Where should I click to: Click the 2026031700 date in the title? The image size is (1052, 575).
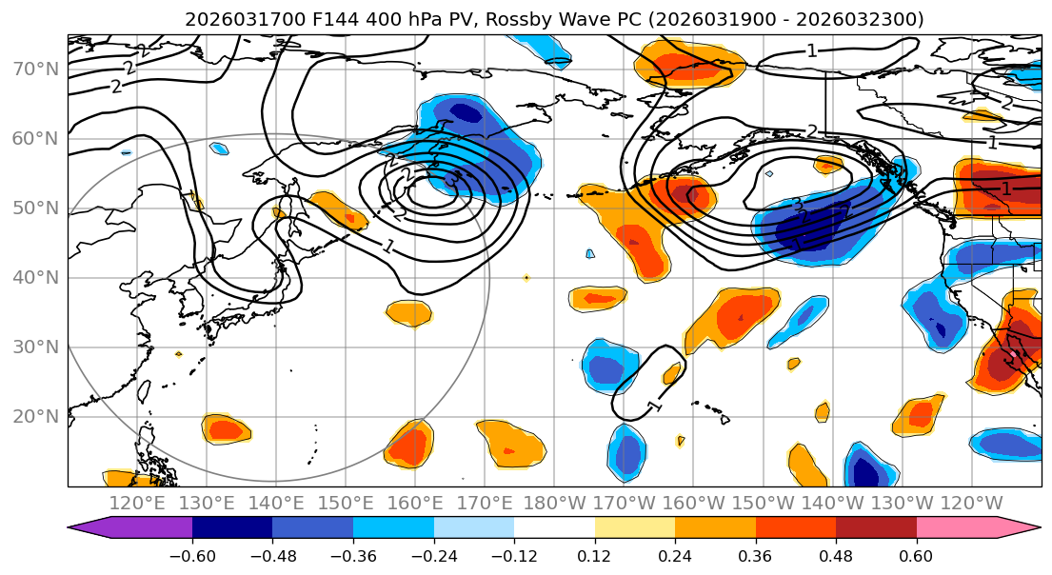click(x=245, y=19)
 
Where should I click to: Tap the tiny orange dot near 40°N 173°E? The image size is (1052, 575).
click(x=526, y=278)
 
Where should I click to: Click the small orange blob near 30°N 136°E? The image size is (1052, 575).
click(x=178, y=354)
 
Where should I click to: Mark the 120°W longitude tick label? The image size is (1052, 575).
click(x=972, y=503)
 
